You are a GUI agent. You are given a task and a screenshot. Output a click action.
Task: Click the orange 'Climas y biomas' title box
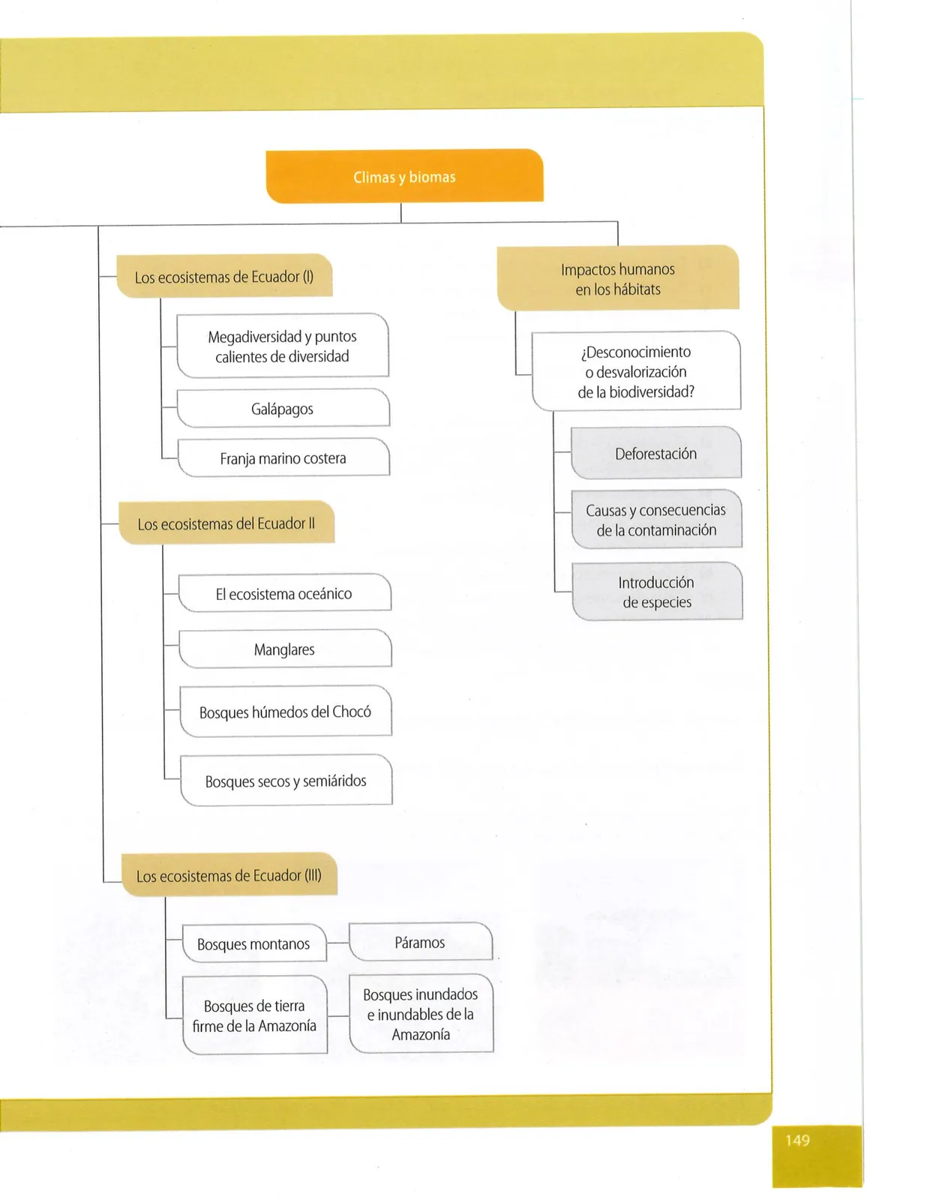point(405,176)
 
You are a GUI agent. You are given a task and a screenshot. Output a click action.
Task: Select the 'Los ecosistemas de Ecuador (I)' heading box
point(224,275)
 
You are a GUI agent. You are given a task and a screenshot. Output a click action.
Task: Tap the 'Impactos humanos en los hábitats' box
point(618,277)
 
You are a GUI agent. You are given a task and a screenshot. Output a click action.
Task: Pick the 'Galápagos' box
point(283,408)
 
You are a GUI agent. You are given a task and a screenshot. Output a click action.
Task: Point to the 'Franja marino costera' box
point(283,457)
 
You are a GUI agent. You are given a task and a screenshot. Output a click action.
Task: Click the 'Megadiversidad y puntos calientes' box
point(283,346)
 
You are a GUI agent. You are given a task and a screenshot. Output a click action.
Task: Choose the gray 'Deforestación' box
point(656,453)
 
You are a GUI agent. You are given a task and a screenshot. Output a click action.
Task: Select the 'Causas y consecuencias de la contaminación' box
point(657,519)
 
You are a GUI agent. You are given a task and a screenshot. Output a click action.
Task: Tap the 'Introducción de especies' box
point(658,592)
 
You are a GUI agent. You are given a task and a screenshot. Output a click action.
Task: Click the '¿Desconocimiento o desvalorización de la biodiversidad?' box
point(636,371)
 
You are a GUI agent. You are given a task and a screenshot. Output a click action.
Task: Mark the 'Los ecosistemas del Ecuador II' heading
point(226,523)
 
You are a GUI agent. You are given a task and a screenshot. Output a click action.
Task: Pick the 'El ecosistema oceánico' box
point(285,593)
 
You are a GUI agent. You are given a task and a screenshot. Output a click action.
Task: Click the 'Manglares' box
point(286,649)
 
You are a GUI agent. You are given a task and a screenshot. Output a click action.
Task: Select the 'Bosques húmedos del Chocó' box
point(286,711)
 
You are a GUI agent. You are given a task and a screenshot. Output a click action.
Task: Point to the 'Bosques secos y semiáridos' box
point(286,780)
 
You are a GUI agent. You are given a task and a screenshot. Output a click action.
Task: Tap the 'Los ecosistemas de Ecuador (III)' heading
point(229,874)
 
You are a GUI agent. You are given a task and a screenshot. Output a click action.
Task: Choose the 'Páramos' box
point(421,942)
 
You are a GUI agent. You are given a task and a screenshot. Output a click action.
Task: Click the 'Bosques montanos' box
point(254,943)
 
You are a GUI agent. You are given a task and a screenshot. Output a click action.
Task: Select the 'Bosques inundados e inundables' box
point(421,1014)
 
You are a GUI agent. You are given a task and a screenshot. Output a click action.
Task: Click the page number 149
point(798,1140)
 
